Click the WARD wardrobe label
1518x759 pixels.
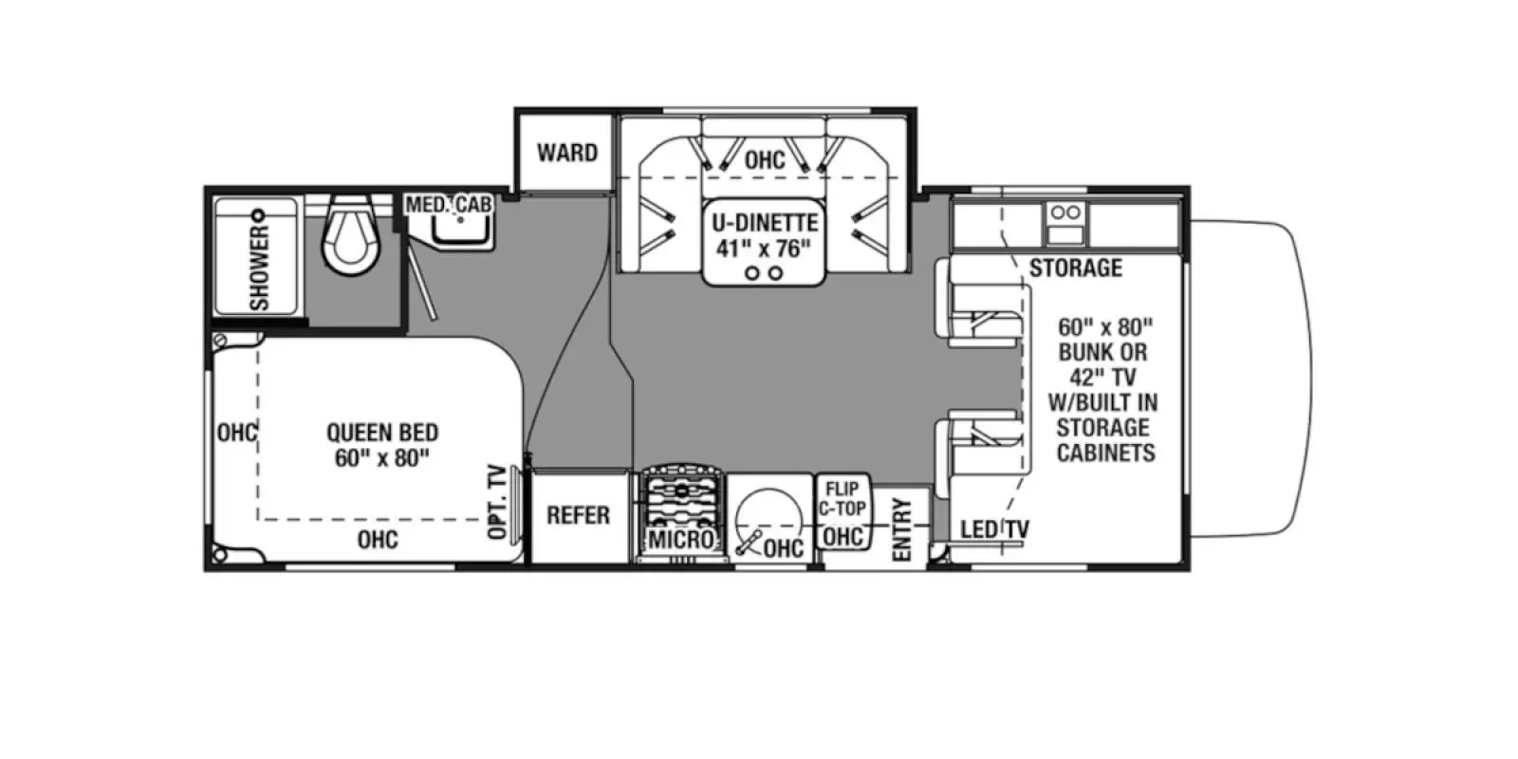click(566, 153)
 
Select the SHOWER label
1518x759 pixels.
click(259, 268)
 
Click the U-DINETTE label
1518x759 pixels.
click(765, 223)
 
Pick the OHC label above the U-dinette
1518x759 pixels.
click(765, 159)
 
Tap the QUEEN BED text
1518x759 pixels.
click(382, 433)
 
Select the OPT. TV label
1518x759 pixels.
click(497, 503)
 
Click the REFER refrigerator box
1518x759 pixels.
click(578, 515)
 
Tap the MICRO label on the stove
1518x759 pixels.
click(680, 540)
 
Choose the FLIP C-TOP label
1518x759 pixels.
click(842, 499)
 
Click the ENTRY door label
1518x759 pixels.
click(901, 529)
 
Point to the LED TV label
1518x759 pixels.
click(994, 529)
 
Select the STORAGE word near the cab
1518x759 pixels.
click(1075, 268)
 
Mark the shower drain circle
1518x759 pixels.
click(257, 214)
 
